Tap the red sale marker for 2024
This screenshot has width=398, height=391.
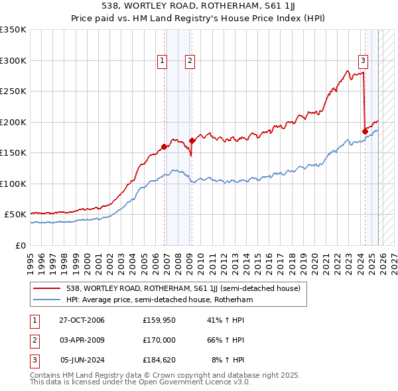pyautogui.click(x=365, y=131)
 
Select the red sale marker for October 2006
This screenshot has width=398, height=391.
pyautogui.click(x=164, y=146)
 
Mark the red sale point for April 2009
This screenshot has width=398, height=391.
pyautogui.click(x=192, y=140)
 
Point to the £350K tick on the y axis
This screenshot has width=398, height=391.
pyautogui.click(x=13, y=30)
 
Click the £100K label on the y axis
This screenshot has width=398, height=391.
pyautogui.click(x=13, y=184)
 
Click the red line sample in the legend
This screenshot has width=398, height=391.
pyautogui.click(x=46, y=288)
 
